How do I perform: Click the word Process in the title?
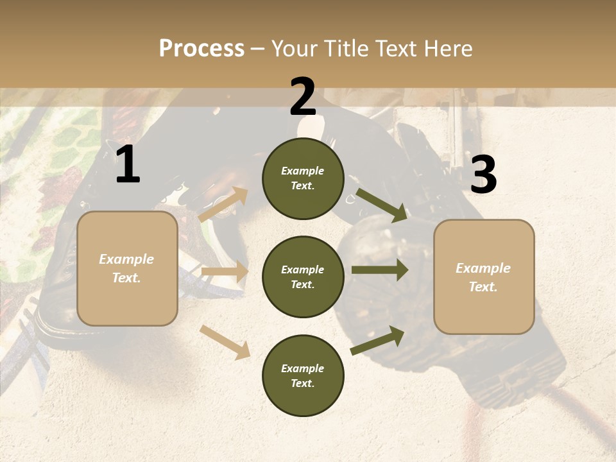point(201,49)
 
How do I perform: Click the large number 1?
point(128,165)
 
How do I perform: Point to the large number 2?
point(303,97)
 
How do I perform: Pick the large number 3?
point(483,175)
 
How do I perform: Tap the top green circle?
point(303,178)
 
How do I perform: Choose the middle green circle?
point(303,277)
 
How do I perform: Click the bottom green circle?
point(303,375)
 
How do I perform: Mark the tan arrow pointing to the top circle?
point(223,205)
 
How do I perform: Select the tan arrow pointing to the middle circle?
point(225,272)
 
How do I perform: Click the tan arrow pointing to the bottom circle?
point(225,342)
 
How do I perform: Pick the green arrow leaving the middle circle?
point(380,269)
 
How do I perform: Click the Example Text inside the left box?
point(126,268)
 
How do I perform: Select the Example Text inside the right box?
point(483,277)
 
